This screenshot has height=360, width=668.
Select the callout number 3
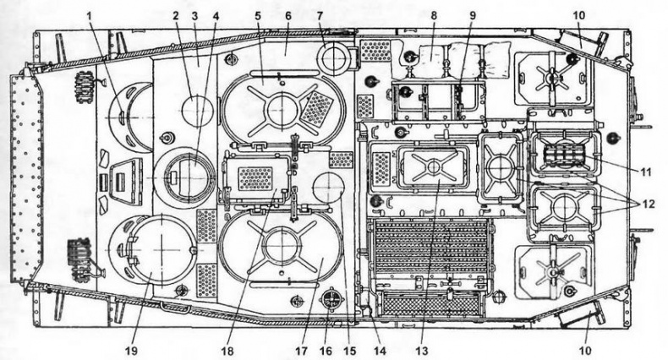tap(196, 15)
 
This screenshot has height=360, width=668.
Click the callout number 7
tap(320, 15)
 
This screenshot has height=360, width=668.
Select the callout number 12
tap(649, 204)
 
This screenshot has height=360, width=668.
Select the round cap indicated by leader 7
tap(335, 57)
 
